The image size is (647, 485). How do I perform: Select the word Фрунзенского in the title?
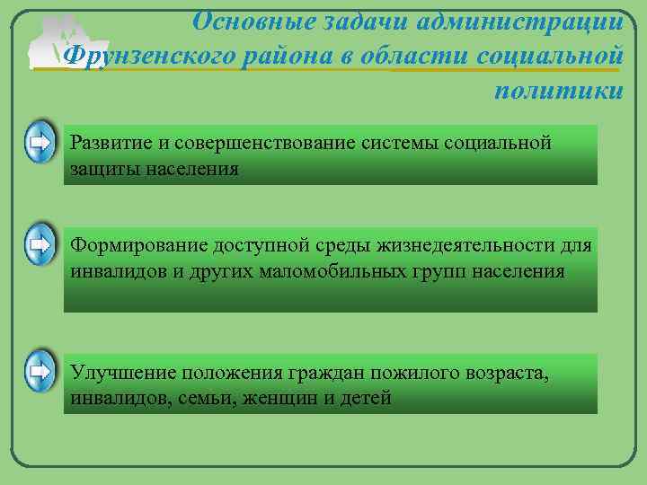tap(151, 56)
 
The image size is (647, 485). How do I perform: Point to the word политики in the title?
tap(558, 91)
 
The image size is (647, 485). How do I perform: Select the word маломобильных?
tap(329, 270)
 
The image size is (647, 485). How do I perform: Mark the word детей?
tap(368, 398)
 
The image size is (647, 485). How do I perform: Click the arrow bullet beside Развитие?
tap(39, 142)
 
